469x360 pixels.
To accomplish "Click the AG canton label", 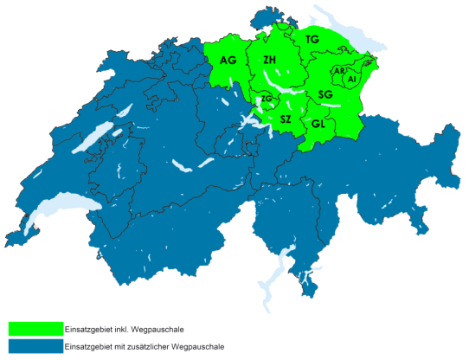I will [x=228, y=60].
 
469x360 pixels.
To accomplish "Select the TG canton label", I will [x=312, y=40].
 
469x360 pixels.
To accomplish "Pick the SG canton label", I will [x=325, y=93].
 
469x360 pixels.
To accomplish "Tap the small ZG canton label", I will [x=266, y=100].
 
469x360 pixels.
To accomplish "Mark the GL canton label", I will [x=318, y=124].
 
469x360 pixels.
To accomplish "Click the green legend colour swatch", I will [x=35, y=329].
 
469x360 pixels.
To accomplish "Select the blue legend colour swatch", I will [x=35, y=346].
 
